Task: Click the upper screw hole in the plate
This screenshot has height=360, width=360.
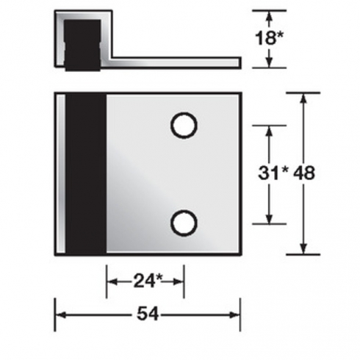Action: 184,126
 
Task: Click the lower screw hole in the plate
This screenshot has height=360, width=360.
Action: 184,223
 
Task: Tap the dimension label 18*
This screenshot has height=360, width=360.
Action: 269,38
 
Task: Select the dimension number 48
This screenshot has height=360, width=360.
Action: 304,173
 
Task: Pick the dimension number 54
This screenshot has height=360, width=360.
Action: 148,314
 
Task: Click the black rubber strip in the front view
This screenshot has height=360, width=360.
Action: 86,173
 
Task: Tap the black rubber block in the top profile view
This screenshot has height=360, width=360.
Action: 82,46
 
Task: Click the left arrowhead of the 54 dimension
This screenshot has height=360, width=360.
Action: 60,315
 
